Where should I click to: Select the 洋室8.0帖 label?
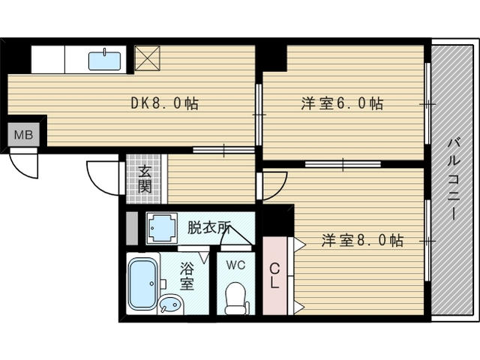click(x=363, y=241)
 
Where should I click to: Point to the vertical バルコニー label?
click(x=454, y=178)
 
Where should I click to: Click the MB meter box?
click(x=23, y=136)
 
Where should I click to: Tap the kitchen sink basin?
click(x=105, y=61)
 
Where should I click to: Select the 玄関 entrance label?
click(x=145, y=178)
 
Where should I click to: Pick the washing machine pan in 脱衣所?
click(x=161, y=229)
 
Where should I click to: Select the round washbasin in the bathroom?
click(x=170, y=304)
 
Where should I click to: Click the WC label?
click(x=235, y=263)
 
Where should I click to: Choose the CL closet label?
click(x=274, y=276)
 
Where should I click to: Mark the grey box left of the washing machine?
click(x=132, y=229)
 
